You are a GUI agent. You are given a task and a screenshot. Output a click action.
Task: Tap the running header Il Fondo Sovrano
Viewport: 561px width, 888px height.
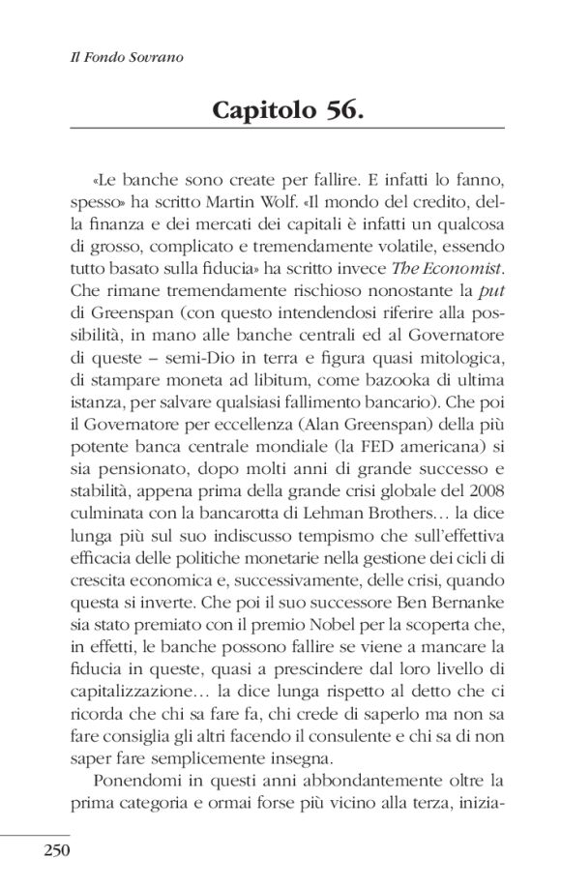coord(115,58)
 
